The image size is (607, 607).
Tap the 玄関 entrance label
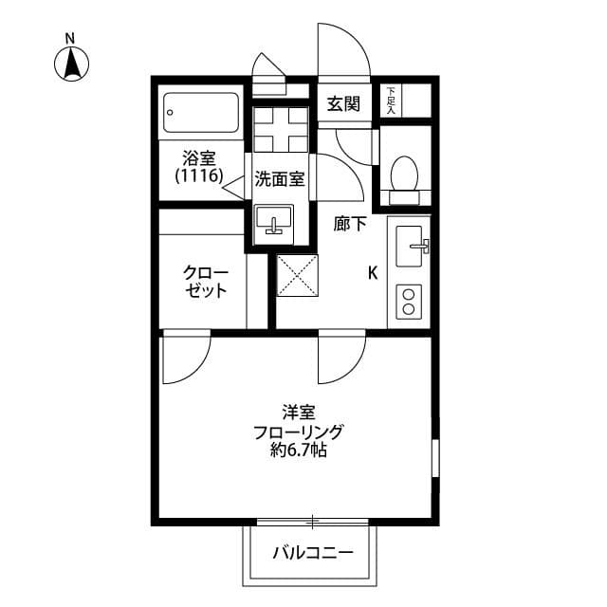coord(343,105)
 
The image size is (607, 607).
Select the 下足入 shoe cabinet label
coord(391,101)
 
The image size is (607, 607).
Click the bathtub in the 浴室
coord(201,116)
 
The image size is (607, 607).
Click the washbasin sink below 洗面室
coord(275,224)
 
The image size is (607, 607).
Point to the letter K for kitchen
coord(373,273)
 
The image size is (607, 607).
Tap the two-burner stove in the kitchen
coord(410,302)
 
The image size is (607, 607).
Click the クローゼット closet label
coord(206,282)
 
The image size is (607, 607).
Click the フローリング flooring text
coord(298,432)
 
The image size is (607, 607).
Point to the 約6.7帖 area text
coord(298,452)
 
